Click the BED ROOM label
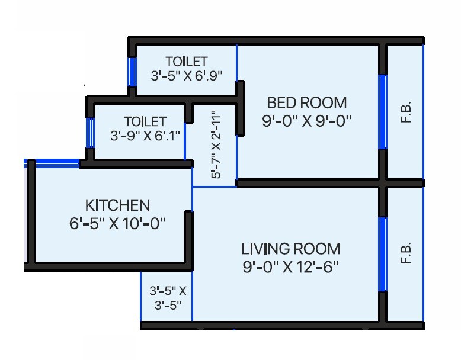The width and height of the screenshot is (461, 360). [306, 102]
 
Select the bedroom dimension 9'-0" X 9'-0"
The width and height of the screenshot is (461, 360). [306, 121]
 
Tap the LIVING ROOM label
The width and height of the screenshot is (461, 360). [290, 248]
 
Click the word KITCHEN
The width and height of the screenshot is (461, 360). [118, 205]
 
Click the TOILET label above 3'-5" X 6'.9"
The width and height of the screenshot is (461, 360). [187, 62]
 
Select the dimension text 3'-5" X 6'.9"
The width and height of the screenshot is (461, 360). [186, 76]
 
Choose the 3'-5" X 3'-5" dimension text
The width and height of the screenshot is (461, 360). [168, 298]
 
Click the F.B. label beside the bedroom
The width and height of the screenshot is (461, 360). [406, 112]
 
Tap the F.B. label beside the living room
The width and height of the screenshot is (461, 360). [406, 253]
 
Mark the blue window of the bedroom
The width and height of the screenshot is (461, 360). [383, 112]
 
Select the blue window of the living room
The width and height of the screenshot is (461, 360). [383, 254]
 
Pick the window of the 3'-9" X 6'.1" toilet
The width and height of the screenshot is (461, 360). [90, 133]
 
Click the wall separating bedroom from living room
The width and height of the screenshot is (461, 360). [308, 184]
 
